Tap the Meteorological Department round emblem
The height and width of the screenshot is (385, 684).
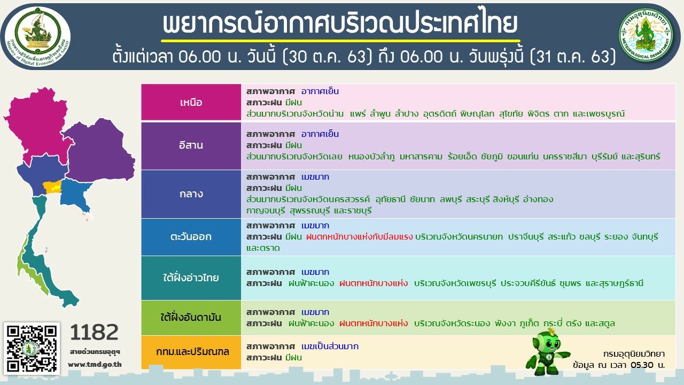click(646, 34)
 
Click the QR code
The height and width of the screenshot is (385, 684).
click(32, 348)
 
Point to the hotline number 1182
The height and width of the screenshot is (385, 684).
click(94, 332)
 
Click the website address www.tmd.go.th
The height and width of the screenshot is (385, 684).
click(95, 365)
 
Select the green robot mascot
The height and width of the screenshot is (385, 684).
click(547, 351)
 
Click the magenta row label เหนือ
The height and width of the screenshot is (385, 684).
click(191, 102)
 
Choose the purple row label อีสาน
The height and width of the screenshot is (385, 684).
click(191, 145)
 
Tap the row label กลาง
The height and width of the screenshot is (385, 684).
click(191, 194)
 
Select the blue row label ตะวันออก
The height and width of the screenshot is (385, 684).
click(191, 237)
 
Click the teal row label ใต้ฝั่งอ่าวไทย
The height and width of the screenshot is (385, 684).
click(191, 278)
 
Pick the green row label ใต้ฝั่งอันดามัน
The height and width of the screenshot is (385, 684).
click(191, 318)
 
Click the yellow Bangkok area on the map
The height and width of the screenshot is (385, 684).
click(52, 187)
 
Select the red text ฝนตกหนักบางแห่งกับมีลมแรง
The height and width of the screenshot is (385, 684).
click(360, 237)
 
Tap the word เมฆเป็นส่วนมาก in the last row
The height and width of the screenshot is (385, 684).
click(330, 346)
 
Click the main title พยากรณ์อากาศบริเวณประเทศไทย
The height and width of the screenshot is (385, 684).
click(340, 23)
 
